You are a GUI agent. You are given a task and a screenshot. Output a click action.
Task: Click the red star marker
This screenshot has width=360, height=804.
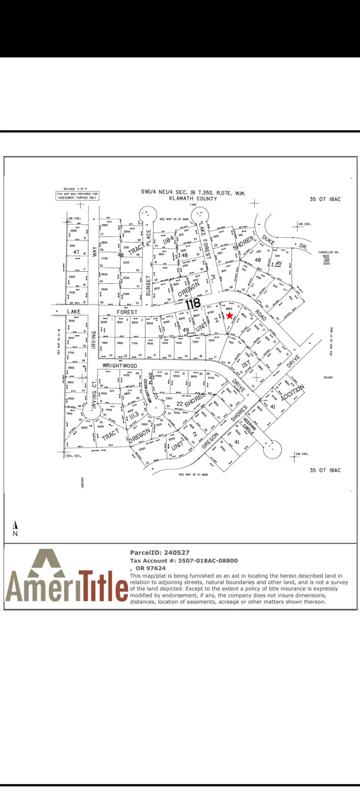tap(229, 316)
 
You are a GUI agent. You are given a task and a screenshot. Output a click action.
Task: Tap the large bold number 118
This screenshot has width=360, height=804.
tap(193, 303)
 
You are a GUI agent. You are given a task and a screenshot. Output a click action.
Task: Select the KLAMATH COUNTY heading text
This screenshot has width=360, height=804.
tap(193, 199)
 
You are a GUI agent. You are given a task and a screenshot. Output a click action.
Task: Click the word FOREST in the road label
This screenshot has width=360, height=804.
tap(127, 312)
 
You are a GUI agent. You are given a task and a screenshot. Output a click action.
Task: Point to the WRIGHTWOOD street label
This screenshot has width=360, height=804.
tap(120, 365)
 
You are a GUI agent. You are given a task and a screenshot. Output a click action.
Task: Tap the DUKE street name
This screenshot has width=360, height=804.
tap(268, 240)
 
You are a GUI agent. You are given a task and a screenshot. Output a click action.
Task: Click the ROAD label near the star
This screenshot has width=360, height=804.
tap(260, 315)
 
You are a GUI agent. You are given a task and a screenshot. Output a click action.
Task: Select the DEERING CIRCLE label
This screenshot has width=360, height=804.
tap(250, 426)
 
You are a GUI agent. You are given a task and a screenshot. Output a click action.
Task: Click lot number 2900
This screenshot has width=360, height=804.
tap(104, 225)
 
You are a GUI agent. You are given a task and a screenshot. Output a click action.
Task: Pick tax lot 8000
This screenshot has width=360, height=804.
tap(104, 322)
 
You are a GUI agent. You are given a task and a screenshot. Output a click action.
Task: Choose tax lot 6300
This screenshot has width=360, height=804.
tap(142, 449)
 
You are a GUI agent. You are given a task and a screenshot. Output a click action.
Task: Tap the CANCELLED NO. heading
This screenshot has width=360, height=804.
tap(328, 252)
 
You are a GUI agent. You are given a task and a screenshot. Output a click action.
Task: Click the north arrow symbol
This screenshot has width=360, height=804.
tap(15, 525)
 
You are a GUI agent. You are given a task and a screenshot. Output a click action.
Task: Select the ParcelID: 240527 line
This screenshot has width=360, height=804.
tap(160, 553)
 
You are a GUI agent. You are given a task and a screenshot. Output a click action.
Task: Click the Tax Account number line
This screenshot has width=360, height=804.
tap(184, 561)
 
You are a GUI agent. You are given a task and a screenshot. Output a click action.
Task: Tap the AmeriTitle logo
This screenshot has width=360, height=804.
tap(66, 577)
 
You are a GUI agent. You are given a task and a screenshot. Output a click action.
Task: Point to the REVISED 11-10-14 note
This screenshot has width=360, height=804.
tap(76, 189)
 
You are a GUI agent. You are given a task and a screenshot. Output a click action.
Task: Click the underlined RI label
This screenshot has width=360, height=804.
tap(278, 264)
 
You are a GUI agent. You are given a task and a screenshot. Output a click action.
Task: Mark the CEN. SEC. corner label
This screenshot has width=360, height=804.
tap(73, 456)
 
